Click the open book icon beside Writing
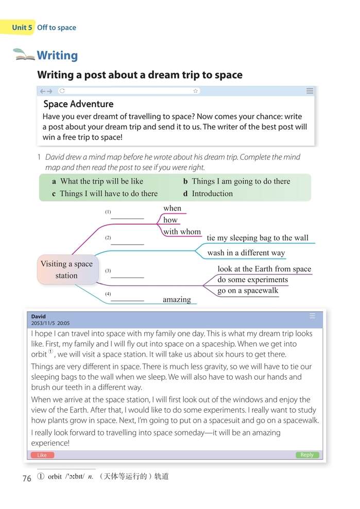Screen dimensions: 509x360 24,55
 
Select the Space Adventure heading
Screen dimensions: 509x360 78,104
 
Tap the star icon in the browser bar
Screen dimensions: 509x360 195,91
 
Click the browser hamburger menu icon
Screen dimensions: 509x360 310,91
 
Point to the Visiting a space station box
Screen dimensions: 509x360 67,269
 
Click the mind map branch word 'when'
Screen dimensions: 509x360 172,208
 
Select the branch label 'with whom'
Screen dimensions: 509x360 182,232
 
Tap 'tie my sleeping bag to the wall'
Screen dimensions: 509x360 258,237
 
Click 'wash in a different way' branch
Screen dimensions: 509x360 246,253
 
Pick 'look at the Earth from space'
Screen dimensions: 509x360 264,268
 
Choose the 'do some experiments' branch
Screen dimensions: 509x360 252,280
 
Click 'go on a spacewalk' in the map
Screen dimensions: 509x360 247,291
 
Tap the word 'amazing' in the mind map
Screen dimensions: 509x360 177,299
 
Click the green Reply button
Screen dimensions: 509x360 307,455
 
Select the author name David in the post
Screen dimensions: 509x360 39,317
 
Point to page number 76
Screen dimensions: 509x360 27,479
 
